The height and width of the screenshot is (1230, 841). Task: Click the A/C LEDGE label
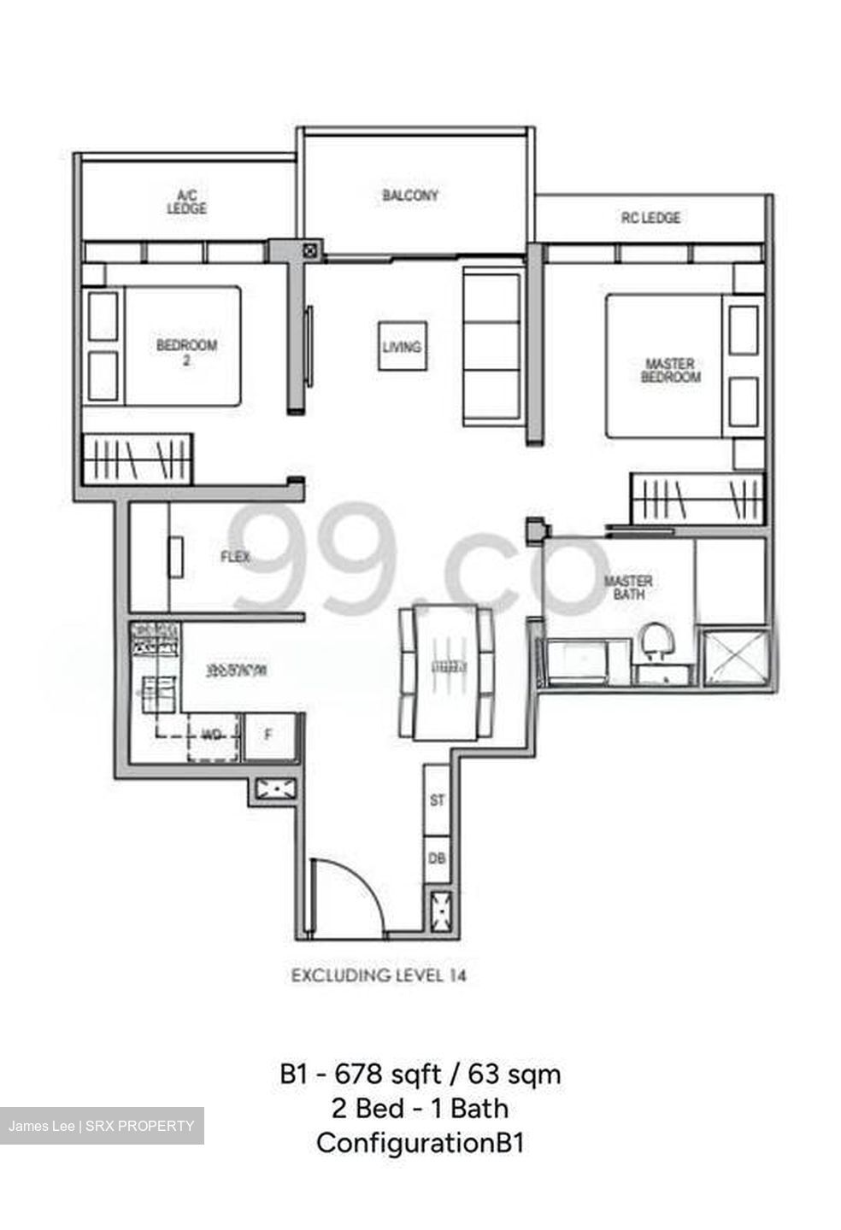[x=186, y=202]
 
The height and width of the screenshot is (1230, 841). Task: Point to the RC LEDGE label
[x=650, y=218]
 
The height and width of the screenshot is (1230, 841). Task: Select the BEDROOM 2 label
[x=186, y=352]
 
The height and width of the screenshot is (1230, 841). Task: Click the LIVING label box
[x=403, y=347]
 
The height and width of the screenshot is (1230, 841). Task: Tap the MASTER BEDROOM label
[x=670, y=370]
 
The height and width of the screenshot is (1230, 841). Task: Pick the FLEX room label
[x=235, y=557]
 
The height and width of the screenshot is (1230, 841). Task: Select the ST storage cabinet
[x=438, y=800]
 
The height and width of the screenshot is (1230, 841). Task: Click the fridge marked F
[x=268, y=734]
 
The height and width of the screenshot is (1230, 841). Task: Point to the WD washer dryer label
[x=211, y=735]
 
